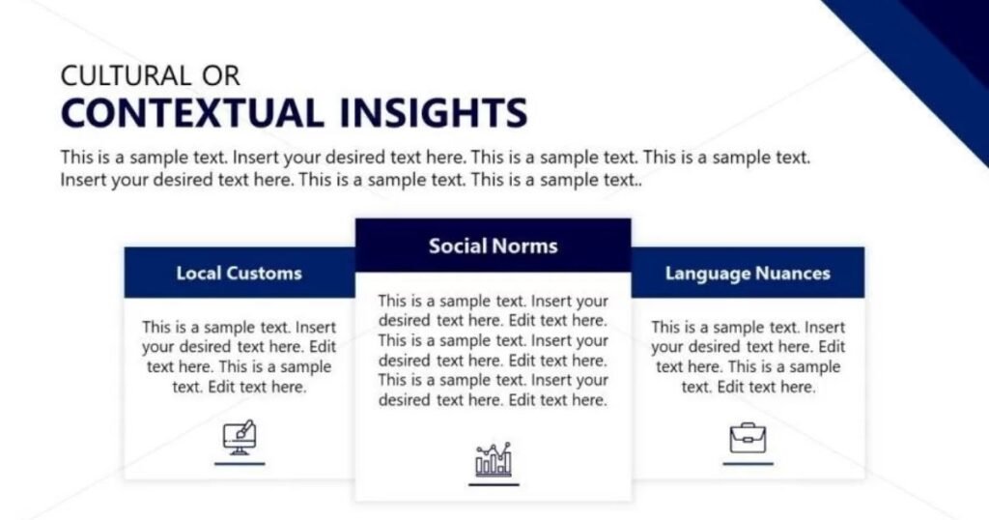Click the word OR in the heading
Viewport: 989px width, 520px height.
[221, 75]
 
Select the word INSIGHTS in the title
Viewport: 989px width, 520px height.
[433, 113]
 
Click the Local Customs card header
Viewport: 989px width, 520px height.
[240, 273]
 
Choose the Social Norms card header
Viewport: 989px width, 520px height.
[494, 246]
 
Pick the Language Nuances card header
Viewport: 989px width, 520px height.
[748, 273]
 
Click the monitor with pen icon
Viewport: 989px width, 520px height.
[240, 437]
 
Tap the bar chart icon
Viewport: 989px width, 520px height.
[494, 459]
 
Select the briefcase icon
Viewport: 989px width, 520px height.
[749, 438]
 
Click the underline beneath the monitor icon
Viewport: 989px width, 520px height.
[240, 464]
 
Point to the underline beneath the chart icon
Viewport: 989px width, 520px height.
[494, 484]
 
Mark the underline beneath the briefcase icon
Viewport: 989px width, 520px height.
[749, 464]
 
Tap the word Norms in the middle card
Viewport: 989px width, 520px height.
[525, 246]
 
